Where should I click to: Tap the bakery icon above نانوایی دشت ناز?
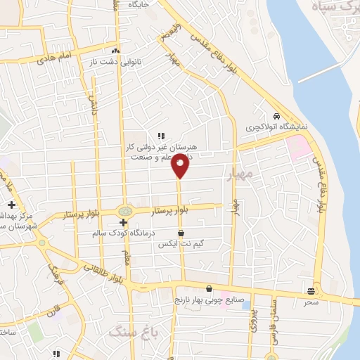tap(115, 51)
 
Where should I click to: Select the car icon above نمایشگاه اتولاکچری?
tap(278, 116)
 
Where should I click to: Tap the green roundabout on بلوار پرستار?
tap(124, 210)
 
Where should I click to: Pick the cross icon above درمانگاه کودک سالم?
tap(123, 221)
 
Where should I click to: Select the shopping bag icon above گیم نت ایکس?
tap(181, 232)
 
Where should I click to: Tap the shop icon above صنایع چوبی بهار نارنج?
tap(209, 288)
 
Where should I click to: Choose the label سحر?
tap(311, 302)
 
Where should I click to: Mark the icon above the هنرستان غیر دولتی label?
tap(161, 136)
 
